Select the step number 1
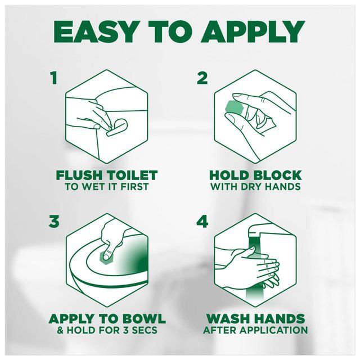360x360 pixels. [x=53, y=78]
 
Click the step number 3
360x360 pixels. [x=53, y=222]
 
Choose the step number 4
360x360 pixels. [x=202, y=222]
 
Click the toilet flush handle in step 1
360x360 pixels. [x=115, y=127]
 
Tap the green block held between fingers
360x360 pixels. [x=232, y=107]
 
